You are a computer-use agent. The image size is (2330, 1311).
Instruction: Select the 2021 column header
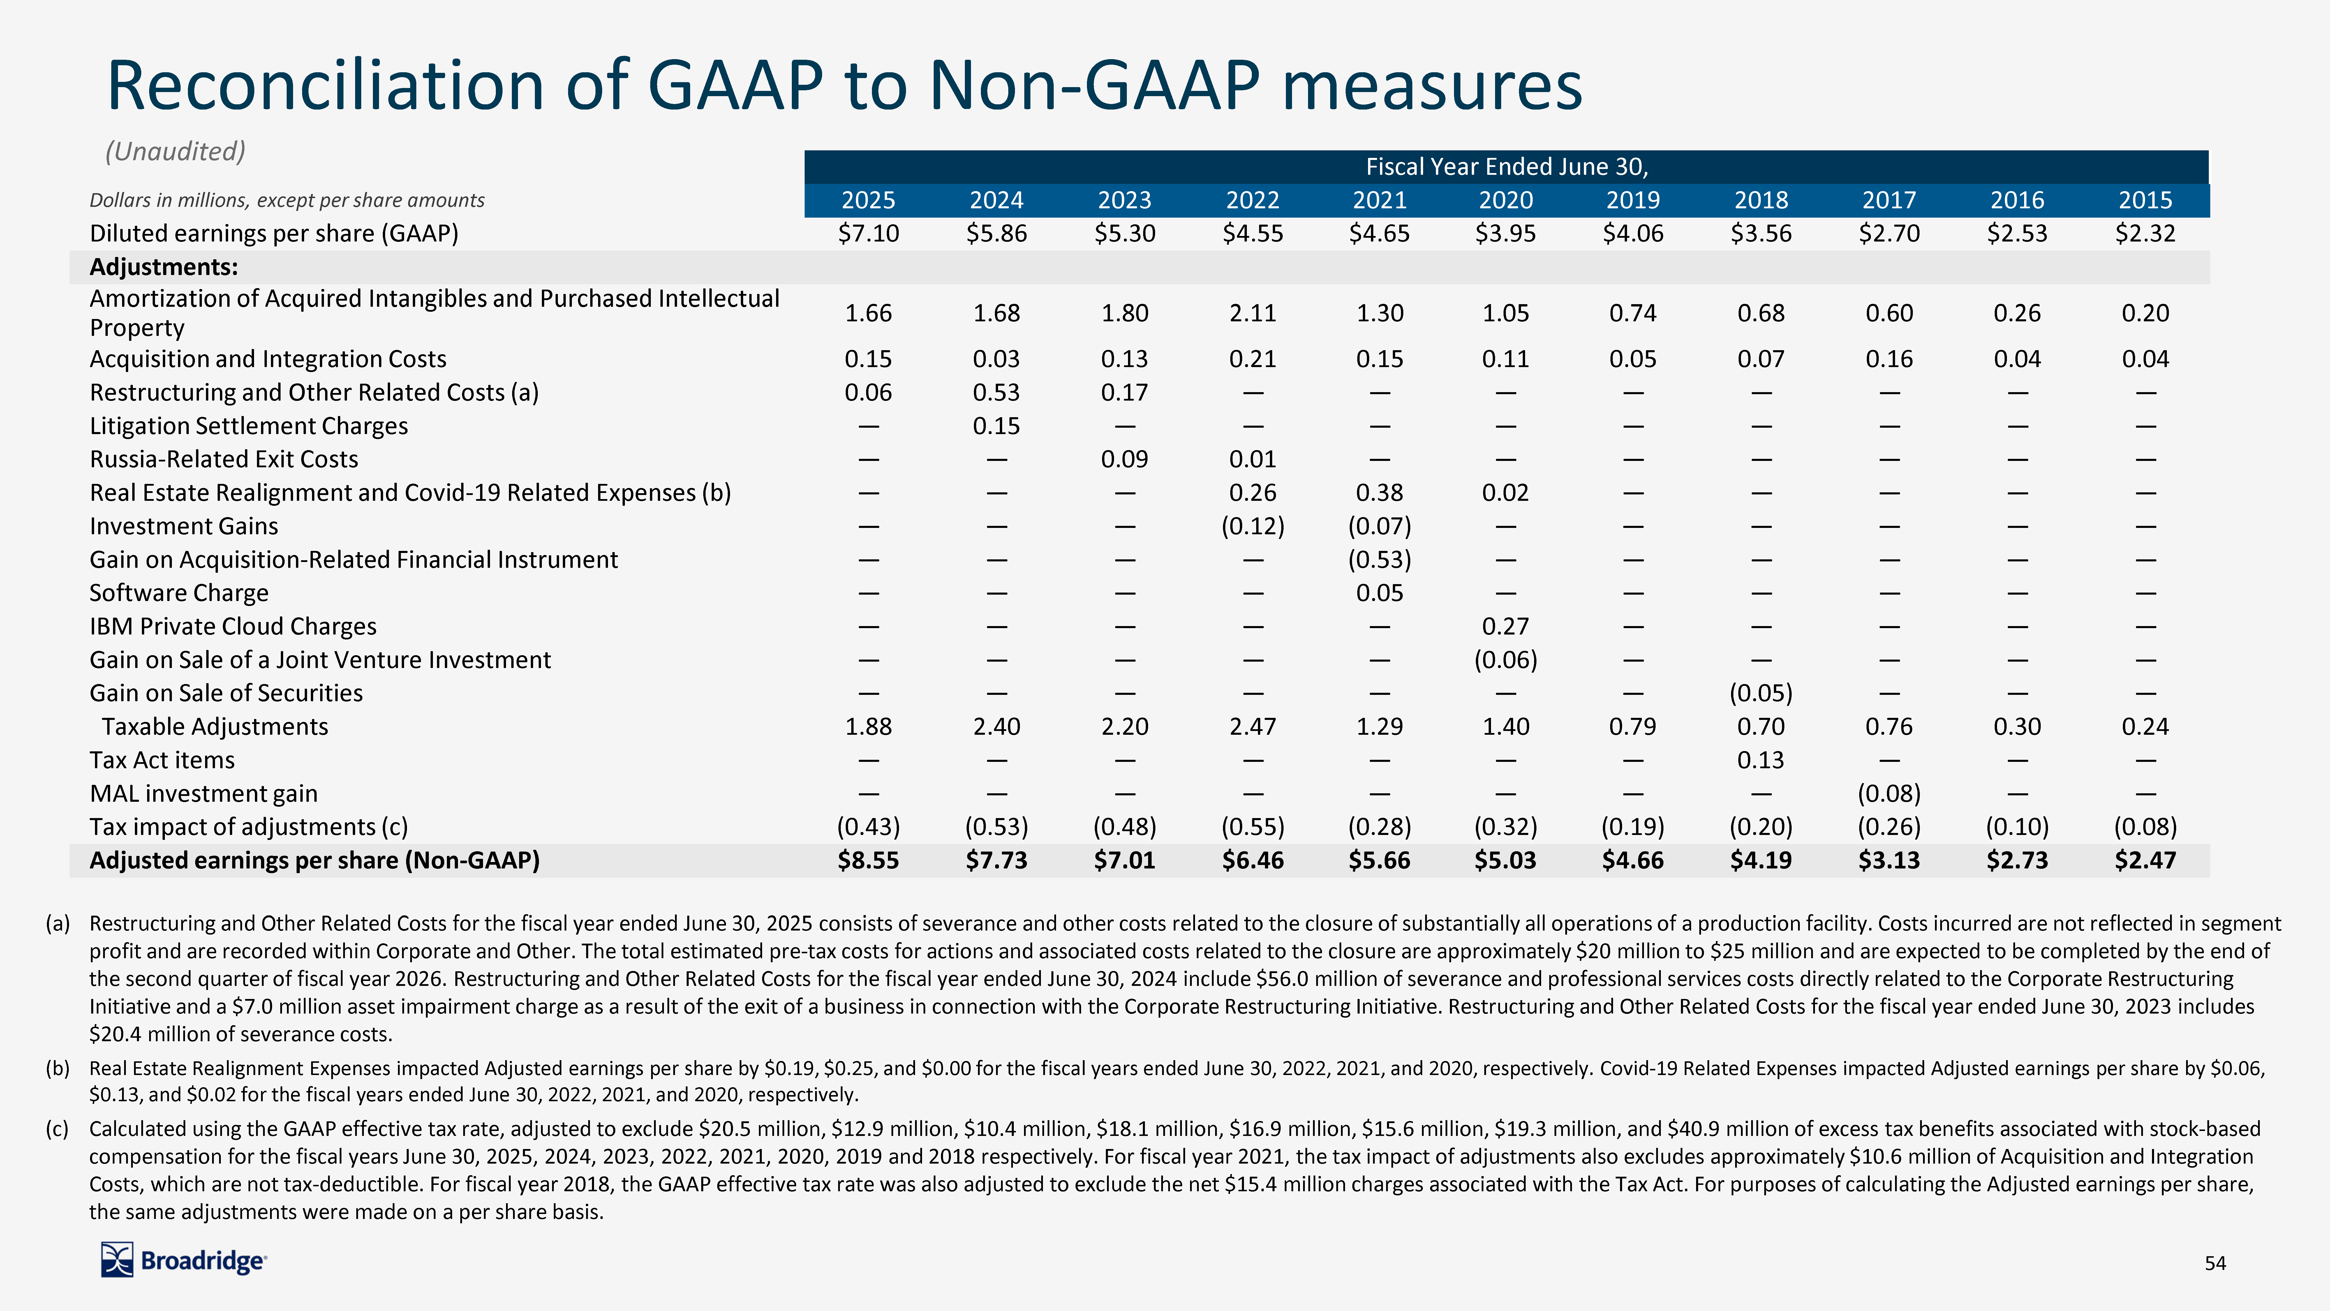[1379, 200]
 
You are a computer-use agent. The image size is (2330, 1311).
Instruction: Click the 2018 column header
[1761, 200]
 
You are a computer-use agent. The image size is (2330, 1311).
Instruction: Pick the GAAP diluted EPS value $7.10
[868, 233]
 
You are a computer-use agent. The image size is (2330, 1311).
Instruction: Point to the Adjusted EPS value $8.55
[868, 860]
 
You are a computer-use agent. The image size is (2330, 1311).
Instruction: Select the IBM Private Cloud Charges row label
[232, 626]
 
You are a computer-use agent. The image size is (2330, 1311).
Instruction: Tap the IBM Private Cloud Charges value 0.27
[1505, 626]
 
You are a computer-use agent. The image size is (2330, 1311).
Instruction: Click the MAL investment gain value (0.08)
[1889, 794]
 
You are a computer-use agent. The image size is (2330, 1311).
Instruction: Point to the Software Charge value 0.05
[1379, 593]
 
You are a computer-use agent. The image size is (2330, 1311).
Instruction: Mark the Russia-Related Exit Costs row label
[223, 460]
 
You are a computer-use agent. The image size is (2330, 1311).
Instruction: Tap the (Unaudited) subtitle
[175, 151]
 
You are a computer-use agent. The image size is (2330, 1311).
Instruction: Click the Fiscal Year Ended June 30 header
[1506, 166]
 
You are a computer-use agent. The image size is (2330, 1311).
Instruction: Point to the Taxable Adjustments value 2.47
[1253, 727]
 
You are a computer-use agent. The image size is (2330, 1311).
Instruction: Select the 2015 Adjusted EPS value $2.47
[2145, 860]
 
